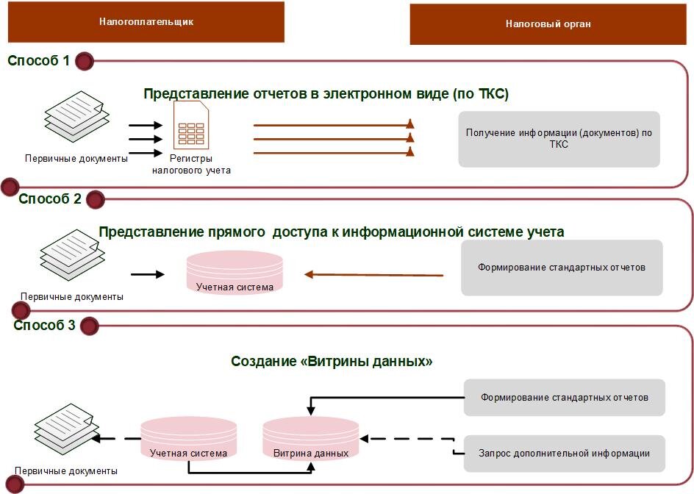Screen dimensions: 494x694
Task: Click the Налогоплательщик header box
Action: [146, 22]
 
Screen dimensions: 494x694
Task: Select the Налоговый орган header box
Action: [548, 24]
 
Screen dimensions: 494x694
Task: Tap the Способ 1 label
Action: [38, 61]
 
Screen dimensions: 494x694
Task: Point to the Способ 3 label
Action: [44, 325]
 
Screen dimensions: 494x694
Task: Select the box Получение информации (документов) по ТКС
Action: [559, 139]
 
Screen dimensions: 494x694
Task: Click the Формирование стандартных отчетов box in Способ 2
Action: [561, 268]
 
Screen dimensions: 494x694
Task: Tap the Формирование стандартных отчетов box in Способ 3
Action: [564, 398]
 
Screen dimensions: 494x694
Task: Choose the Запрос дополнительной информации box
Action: [564, 454]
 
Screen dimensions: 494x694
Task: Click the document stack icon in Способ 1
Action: [77, 118]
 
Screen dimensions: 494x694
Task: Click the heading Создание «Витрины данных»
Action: [332, 362]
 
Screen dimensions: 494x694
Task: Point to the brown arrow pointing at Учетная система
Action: [374, 275]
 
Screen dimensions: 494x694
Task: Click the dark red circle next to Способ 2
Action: [96, 199]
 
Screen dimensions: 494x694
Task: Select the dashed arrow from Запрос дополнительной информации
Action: [407, 440]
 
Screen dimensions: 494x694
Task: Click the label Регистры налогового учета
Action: [191, 165]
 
